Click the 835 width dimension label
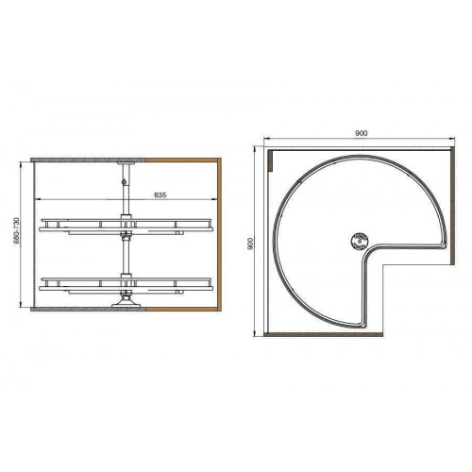(160, 195)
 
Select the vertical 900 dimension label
(250, 244)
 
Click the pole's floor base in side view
(126, 301)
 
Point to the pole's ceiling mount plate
(126, 163)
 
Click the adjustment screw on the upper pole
(125, 181)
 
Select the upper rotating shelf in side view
(126, 226)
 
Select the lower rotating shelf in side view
(126, 284)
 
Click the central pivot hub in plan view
(359, 241)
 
